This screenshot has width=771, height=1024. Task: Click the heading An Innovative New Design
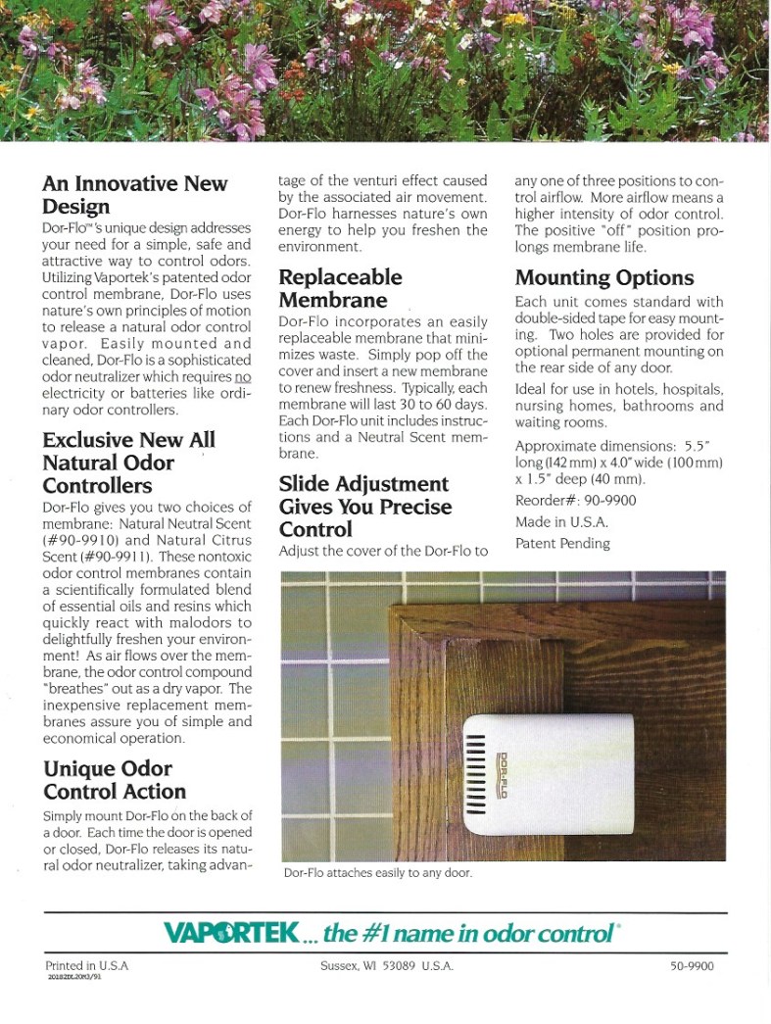(134, 195)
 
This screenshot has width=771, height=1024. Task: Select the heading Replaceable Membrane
(340, 288)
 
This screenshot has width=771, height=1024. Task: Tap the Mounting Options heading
(603, 277)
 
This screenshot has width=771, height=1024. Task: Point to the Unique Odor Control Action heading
(114, 780)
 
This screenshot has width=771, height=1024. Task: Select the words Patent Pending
(562, 543)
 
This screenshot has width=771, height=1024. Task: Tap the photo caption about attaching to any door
(377, 872)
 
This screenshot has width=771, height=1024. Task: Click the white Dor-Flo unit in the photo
(549, 774)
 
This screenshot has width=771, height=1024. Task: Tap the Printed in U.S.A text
(87, 965)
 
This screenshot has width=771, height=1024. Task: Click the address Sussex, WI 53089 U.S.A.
(386, 966)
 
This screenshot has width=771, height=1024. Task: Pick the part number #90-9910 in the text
(78, 539)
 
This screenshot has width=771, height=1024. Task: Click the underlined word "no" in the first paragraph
(243, 377)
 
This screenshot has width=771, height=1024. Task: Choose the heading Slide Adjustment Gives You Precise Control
(363, 507)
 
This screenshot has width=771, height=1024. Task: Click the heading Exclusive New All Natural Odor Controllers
(128, 463)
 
